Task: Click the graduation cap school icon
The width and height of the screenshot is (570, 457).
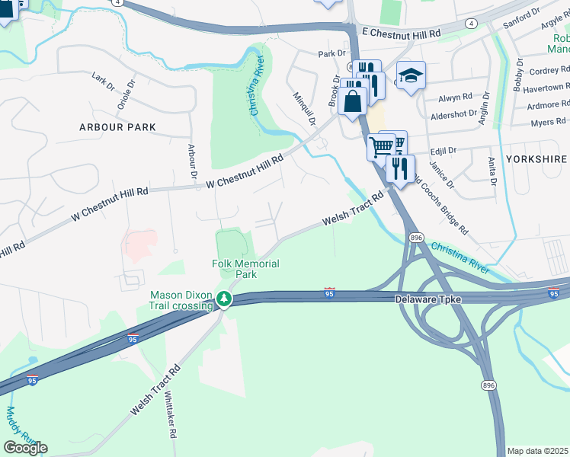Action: tap(411, 76)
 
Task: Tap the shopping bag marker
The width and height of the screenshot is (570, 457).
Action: tap(352, 101)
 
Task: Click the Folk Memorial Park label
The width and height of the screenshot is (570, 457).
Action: tap(245, 269)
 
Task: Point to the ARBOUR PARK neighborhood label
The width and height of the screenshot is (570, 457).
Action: tap(117, 127)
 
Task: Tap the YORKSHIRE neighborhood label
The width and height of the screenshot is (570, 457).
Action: tap(540, 159)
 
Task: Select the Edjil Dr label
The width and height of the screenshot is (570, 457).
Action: tap(442, 152)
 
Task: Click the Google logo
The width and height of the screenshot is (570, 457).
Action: tap(25, 448)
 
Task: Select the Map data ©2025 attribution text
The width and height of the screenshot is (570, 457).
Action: tap(537, 451)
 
